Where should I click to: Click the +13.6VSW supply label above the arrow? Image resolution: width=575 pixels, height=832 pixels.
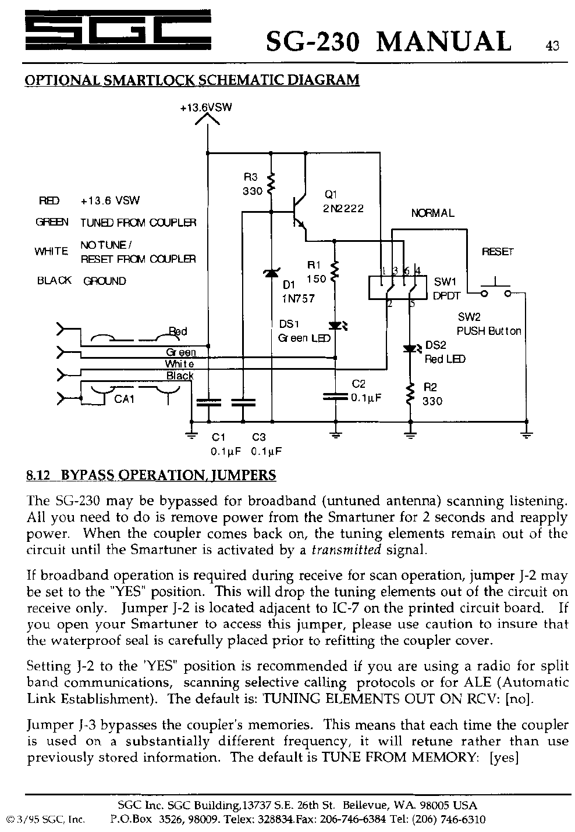(x=207, y=108)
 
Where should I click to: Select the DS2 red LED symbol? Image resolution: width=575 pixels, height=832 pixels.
(x=411, y=349)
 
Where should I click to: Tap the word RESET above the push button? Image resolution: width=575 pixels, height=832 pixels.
(x=498, y=252)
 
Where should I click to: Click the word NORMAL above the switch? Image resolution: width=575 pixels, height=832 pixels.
(x=432, y=213)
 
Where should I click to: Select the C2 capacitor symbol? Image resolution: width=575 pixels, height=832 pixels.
(x=335, y=396)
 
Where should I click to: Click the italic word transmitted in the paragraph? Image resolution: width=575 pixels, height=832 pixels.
(x=347, y=549)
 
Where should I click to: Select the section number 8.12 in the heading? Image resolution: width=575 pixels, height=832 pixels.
(x=40, y=476)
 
